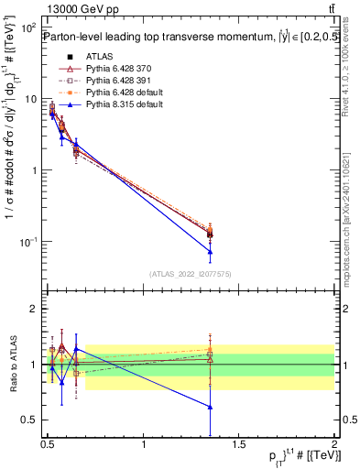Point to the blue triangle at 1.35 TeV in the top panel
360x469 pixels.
[x=211, y=251]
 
